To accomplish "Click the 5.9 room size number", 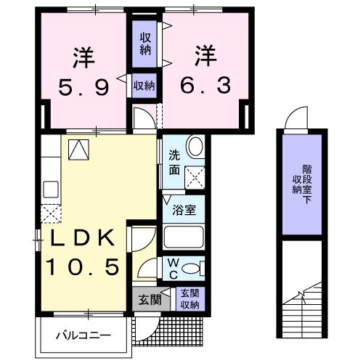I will (x=83, y=87).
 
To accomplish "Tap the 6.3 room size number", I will (x=205, y=86).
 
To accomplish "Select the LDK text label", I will (x=82, y=238).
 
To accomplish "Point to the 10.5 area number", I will (x=82, y=268).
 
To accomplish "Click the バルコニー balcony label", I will (x=83, y=335).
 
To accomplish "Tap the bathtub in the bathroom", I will (x=182, y=237).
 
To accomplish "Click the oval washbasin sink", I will (x=195, y=147).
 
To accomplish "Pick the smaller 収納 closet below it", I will (x=144, y=85).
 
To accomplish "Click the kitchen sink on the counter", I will (x=51, y=189).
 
